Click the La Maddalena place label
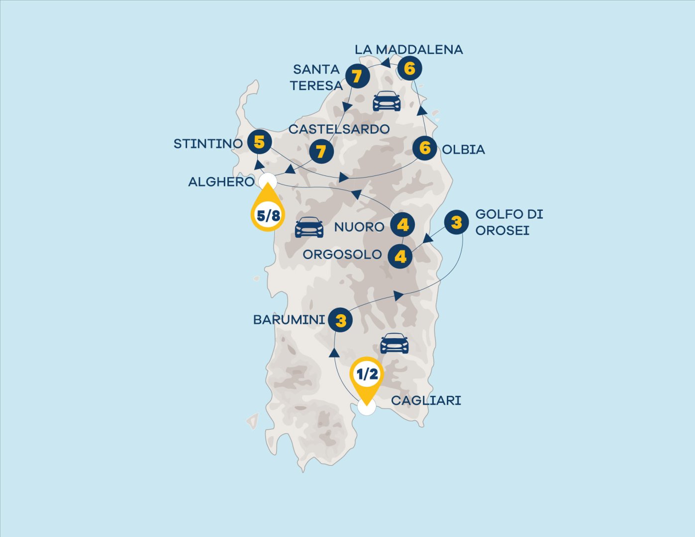pyautogui.click(x=408, y=50)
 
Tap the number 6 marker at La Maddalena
pyautogui.click(x=409, y=69)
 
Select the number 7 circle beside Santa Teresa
pyautogui.click(x=357, y=77)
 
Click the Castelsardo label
pyautogui.click(x=339, y=129)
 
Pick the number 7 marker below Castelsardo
pyautogui.click(x=321, y=151)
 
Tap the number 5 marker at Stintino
pyautogui.click(x=259, y=142)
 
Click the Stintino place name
pyautogui.click(x=208, y=144)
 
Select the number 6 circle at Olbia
pyautogui.click(x=425, y=148)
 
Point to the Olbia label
pyautogui.click(x=463, y=150)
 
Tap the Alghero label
pyautogui.click(x=221, y=182)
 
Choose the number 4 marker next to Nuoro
pyautogui.click(x=402, y=225)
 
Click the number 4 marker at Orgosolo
pyautogui.click(x=400, y=257)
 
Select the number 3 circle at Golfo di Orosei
pyautogui.click(x=456, y=222)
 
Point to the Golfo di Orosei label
pyautogui.click(x=508, y=222)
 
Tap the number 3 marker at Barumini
pyautogui.click(x=341, y=321)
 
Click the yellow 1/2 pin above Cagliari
pyautogui.click(x=367, y=375)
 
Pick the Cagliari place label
pyautogui.click(x=426, y=401)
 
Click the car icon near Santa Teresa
pyautogui.click(x=387, y=101)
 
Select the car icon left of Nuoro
pyautogui.click(x=309, y=227)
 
